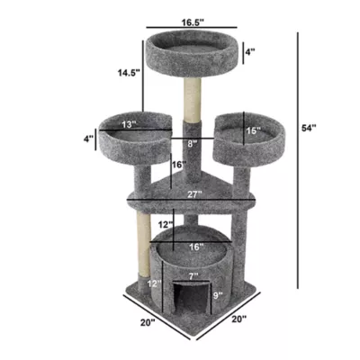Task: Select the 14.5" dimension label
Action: [x=127, y=75]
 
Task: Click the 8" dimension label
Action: [x=192, y=142]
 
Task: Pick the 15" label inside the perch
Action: [x=253, y=130]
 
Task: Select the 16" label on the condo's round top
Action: [x=194, y=245]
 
